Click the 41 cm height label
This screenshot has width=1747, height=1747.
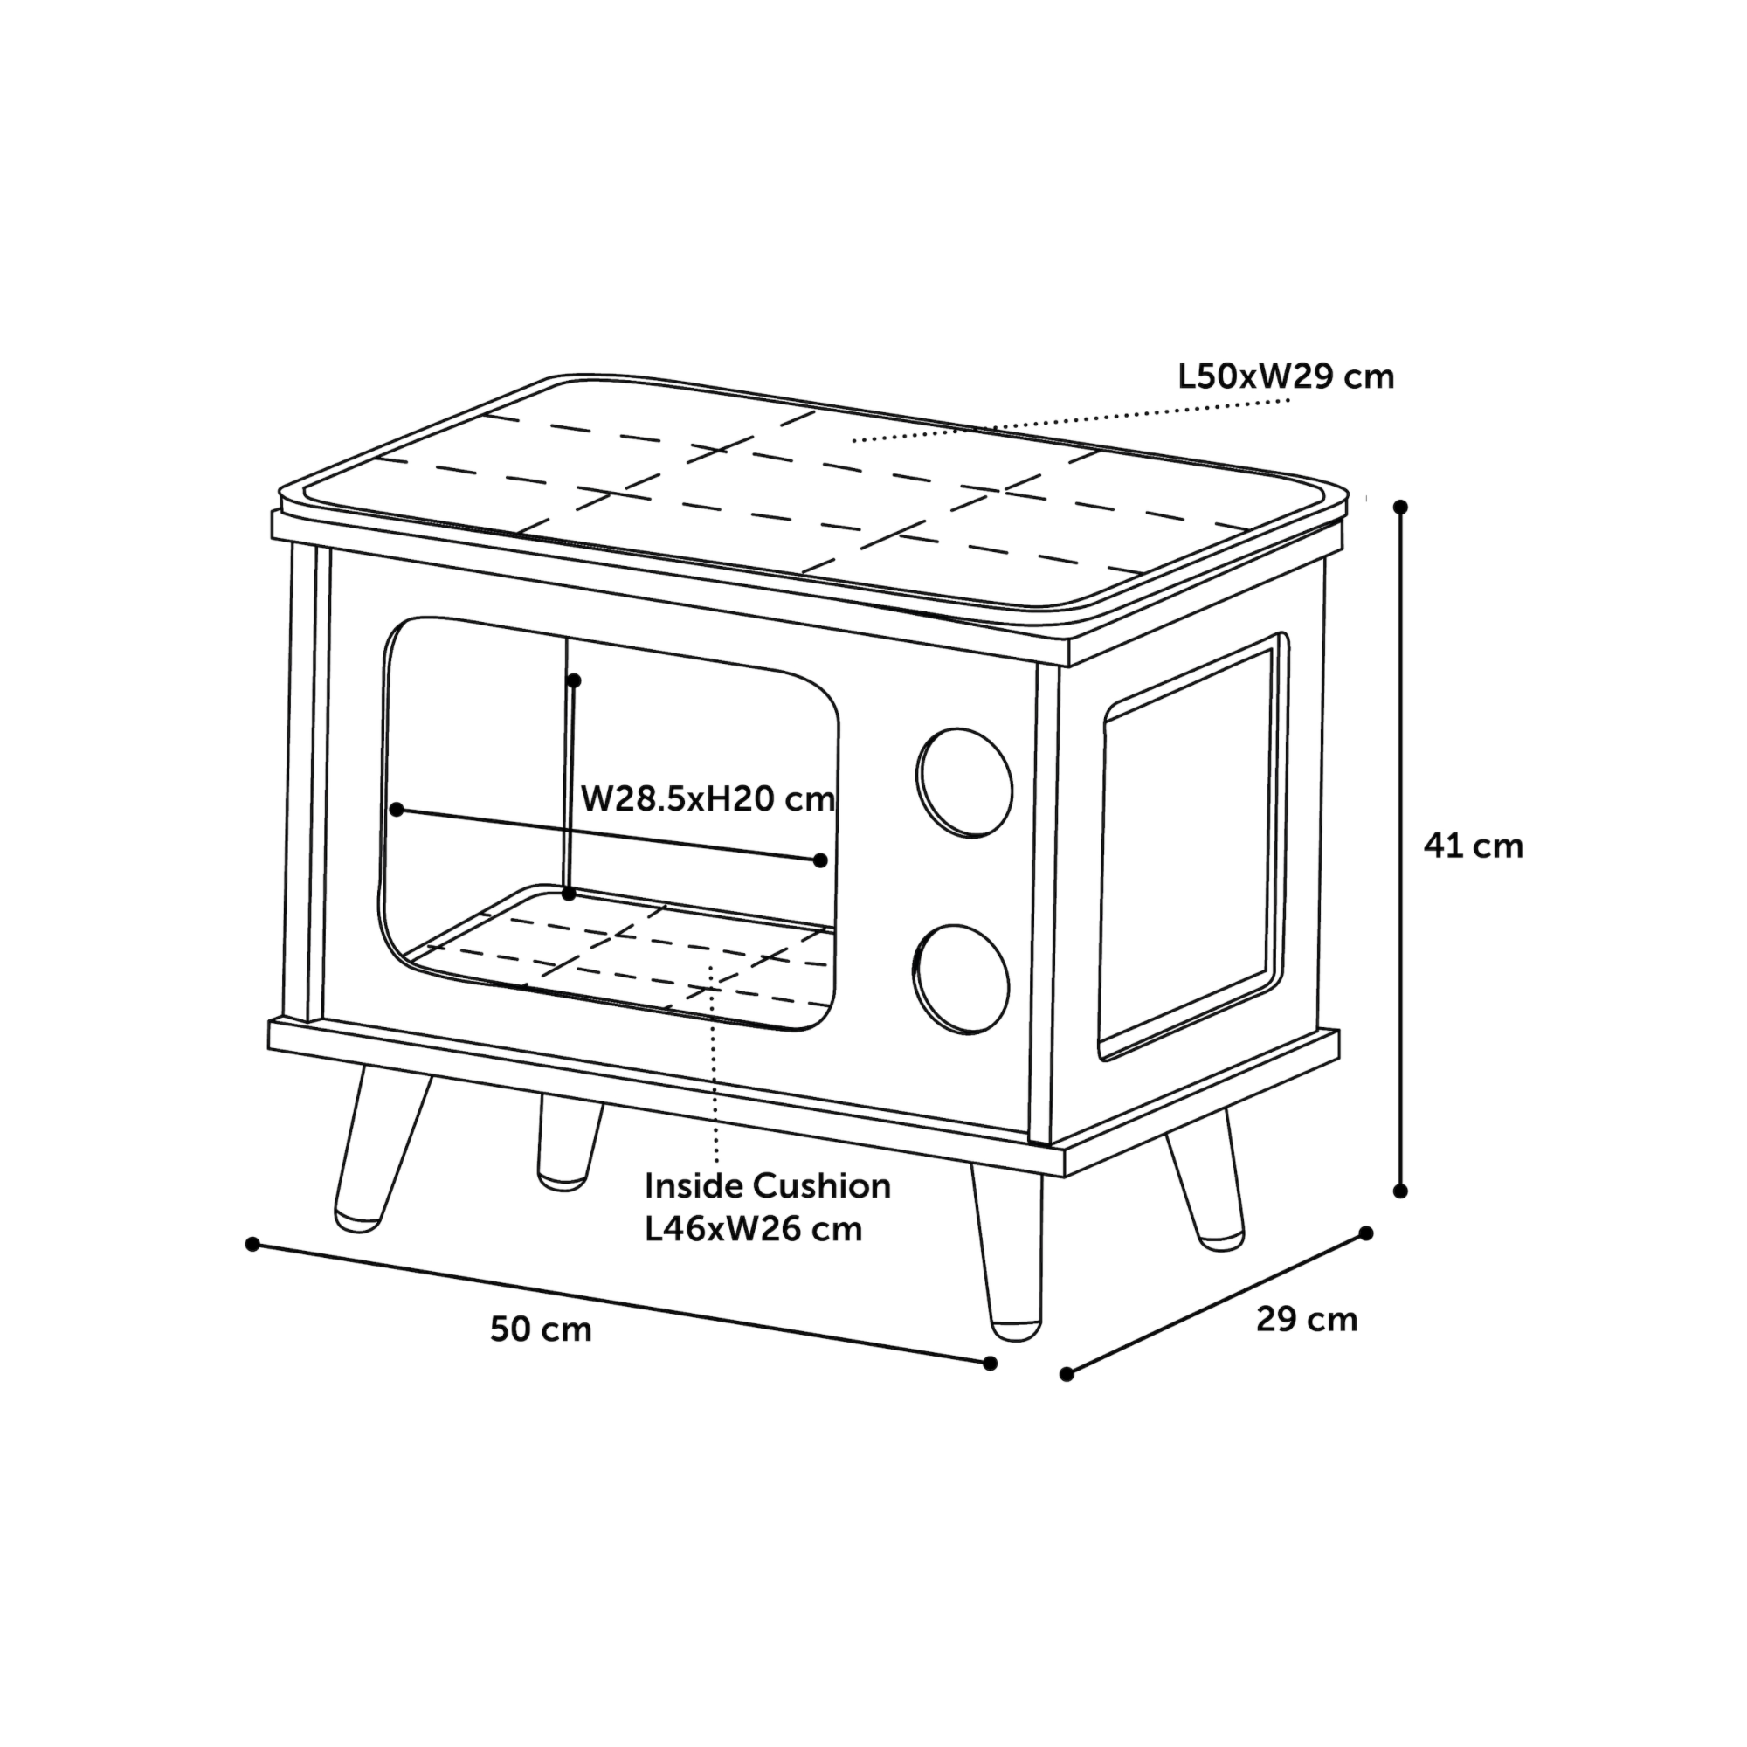pos(1473,846)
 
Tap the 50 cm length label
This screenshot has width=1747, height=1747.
pos(541,1329)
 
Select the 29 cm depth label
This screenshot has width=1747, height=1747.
pos(1307,1319)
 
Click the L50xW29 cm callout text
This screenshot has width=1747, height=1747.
pos(1286,376)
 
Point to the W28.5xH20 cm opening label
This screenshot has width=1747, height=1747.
pos(708,798)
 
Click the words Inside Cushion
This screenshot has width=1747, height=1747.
pos(768,1185)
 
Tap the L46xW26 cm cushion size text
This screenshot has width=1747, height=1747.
pos(753,1229)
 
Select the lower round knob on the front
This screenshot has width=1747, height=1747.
pos(960,979)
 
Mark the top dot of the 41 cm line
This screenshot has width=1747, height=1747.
pos(1401,508)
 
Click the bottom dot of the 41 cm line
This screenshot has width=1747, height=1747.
pos(1401,1191)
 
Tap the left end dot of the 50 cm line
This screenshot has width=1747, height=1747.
pos(252,1244)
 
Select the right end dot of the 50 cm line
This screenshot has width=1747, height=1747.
pos(991,1363)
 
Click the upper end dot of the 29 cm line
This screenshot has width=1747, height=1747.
pos(1366,1233)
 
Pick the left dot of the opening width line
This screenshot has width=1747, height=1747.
pos(396,810)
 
